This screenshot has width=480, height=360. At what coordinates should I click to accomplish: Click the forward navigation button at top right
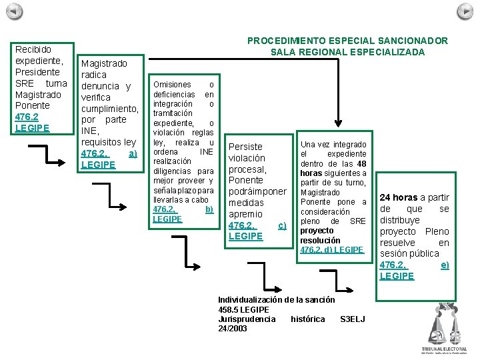(465, 11)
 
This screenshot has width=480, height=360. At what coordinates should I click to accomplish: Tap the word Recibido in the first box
(33, 49)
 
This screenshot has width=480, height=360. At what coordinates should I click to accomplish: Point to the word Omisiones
(172, 85)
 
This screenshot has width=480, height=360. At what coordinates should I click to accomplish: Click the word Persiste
(245, 147)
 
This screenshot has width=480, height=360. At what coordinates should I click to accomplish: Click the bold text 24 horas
(399, 197)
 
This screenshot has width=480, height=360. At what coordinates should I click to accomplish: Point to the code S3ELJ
(352, 319)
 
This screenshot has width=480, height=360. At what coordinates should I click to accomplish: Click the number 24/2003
(233, 329)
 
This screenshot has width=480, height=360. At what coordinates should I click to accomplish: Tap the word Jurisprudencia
(247, 319)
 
